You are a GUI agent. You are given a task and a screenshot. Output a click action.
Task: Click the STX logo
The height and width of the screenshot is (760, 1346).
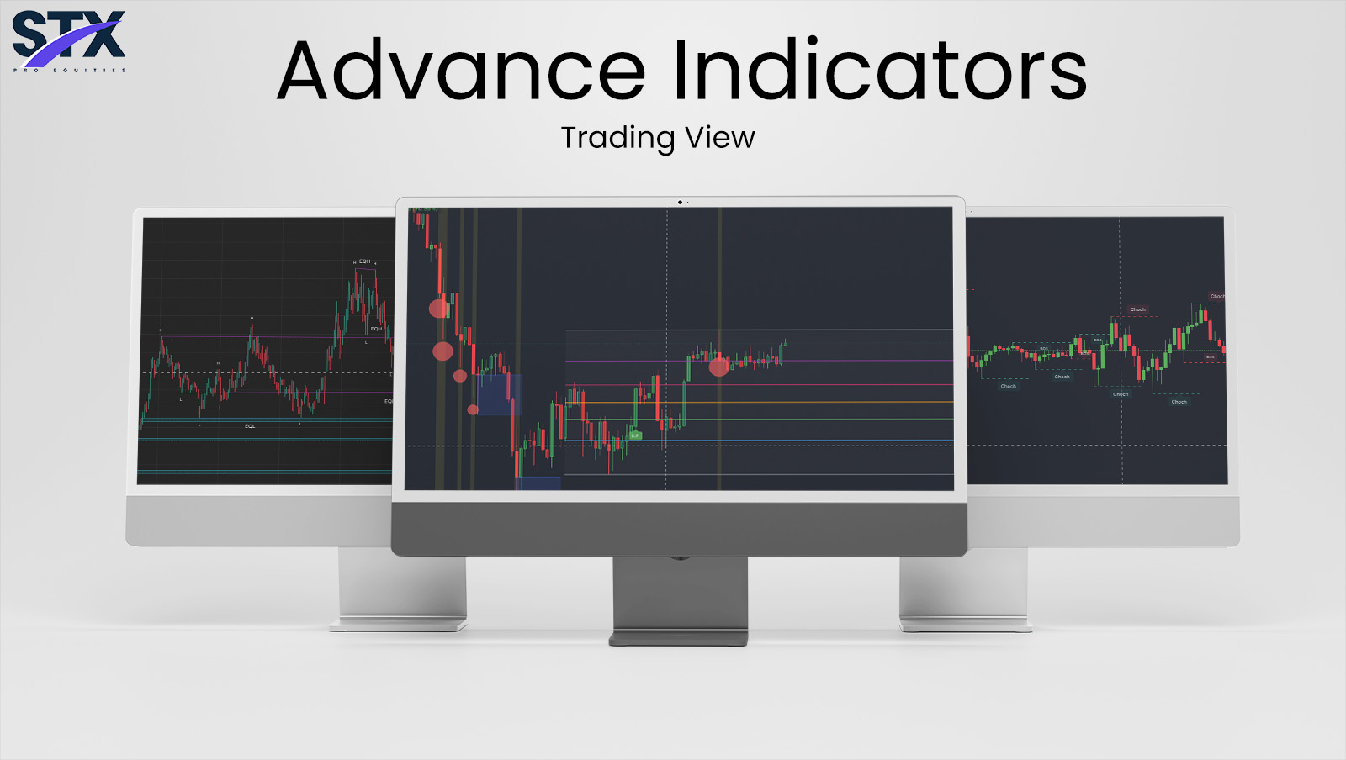click(69, 40)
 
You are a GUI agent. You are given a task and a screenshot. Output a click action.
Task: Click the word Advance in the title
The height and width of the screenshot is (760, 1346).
click(460, 71)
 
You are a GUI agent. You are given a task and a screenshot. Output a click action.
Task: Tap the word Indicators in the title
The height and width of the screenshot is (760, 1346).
click(879, 71)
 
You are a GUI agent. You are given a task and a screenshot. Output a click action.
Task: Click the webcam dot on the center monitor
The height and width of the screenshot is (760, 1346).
click(680, 203)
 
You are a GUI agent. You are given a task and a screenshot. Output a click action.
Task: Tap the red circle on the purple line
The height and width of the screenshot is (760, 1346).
click(718, 366)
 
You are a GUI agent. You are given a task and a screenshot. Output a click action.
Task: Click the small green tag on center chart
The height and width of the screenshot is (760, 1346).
click(636, 435)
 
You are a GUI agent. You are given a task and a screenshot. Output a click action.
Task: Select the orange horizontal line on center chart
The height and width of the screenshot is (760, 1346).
click(757, 402)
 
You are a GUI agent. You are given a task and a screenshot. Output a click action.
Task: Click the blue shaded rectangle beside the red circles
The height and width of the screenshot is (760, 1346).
click(499, 394)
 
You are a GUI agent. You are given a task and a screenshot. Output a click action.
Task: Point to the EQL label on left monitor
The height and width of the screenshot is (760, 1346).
click(250, 426)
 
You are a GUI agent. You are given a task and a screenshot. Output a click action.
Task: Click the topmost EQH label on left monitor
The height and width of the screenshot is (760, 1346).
click(364, 261)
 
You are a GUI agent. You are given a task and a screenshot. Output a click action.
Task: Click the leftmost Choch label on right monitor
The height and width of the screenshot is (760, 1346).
click(1008, 386)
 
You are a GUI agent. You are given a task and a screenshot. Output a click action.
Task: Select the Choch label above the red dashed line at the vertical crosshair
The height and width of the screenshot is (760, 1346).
click(1137, 309)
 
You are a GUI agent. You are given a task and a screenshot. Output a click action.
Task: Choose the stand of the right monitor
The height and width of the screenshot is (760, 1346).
click(963, 588)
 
